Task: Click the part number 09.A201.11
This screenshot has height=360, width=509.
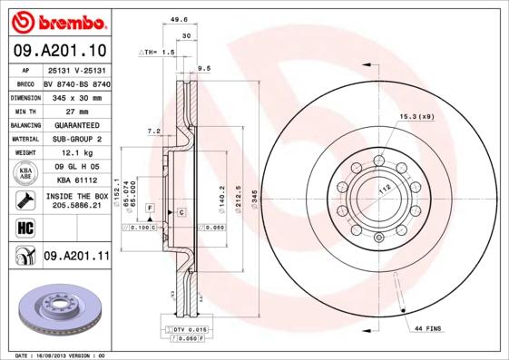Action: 76,257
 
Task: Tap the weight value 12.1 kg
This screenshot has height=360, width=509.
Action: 76,153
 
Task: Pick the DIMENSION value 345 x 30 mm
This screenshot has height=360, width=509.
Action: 76,95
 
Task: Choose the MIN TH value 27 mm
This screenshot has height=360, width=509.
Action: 76,110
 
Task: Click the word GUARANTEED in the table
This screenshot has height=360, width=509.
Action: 76,124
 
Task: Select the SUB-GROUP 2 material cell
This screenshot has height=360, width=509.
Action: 76,139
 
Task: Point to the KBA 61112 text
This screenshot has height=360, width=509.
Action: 76,180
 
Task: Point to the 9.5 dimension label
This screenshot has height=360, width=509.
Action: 204,68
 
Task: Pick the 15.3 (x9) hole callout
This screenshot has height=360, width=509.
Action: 417,116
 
